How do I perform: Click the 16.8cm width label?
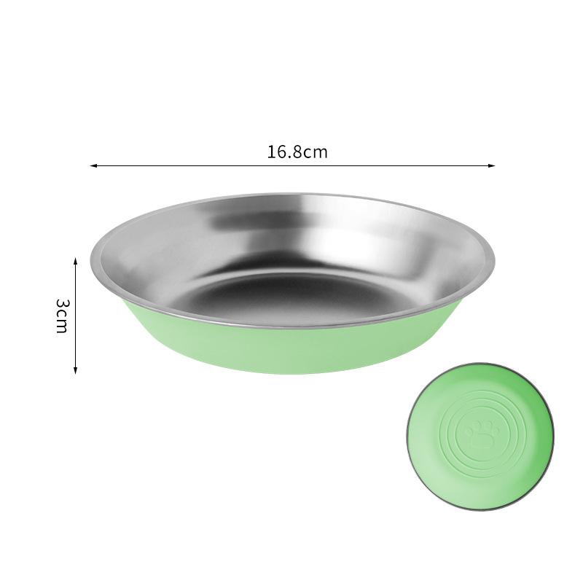point(297,152)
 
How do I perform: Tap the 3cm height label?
point(62,315)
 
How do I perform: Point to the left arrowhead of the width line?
point(93,166)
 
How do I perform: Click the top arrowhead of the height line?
point(76,259)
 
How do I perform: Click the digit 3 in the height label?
point(62,302)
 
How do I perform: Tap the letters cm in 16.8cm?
point(316,152)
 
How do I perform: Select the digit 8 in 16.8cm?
point(294,152)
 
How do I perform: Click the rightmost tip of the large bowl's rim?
point(494,259)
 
